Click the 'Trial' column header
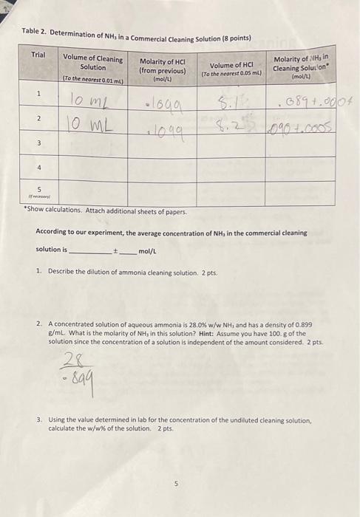38,55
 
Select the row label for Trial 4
38,168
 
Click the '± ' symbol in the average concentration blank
114,250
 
